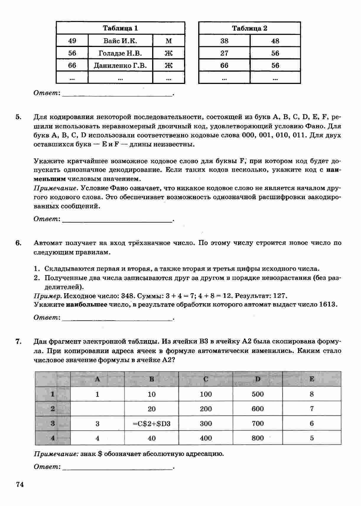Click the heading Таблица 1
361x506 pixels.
[120, 28]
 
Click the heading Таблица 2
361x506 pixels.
[250, 28]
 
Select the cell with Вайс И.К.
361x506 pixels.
[120, 41]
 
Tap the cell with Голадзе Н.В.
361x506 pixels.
[120, 53]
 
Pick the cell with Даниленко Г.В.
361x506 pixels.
[120, 65]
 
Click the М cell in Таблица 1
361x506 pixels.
[169, 41]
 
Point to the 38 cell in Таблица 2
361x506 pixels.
[224, 41]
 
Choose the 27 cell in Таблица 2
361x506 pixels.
[224, 53]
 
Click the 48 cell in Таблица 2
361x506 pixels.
[275, 41]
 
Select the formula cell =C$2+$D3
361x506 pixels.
[152, 424]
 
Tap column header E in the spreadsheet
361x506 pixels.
[312, 379]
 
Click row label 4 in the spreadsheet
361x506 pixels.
[53, 438]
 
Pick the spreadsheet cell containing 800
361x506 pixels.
[258, 438]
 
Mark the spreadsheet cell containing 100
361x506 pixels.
[206, 394]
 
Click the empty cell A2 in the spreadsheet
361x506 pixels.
[97, 409]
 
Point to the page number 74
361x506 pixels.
[20, 484]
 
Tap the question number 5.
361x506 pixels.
[18, 117]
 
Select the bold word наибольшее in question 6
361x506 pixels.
[87, 304]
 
